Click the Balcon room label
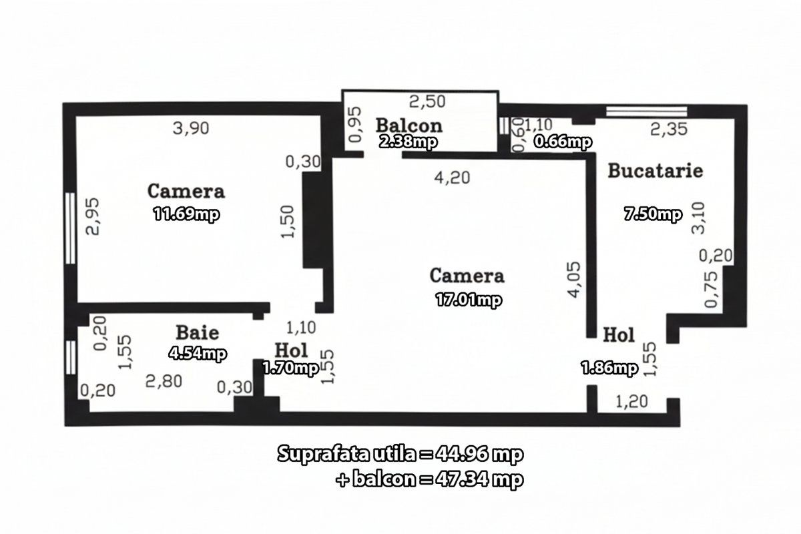409,125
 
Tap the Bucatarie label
655,171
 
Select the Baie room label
198,332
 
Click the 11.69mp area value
186,214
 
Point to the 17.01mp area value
469,299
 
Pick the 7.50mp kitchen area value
653,214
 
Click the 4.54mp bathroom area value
198,353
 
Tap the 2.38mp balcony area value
408,142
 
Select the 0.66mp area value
563,142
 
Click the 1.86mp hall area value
609,368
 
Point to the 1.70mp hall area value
291,368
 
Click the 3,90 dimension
191,128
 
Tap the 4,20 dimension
453,178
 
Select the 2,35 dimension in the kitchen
669,129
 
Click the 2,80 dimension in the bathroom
164,381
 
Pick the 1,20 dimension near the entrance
632,402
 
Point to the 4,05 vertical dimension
574,280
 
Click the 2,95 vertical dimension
93,217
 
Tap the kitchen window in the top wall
647,111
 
